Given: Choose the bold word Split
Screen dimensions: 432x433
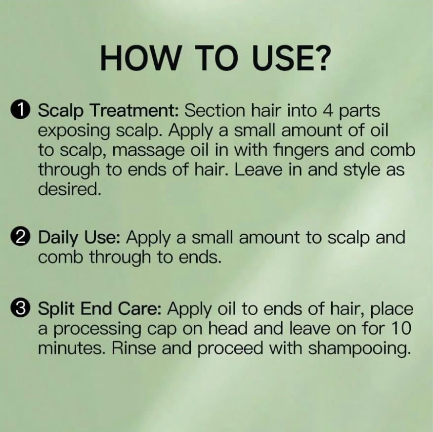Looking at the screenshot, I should [55, 308].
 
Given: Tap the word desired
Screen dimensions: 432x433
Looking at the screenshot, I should [69, 190].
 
